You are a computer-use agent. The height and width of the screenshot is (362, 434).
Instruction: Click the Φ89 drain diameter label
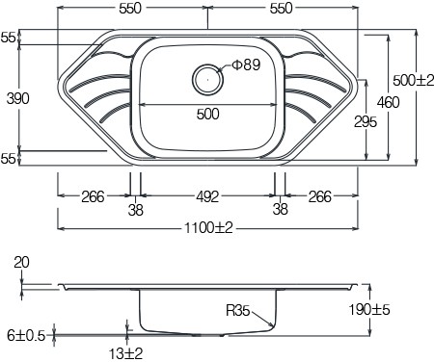tap(246, 65)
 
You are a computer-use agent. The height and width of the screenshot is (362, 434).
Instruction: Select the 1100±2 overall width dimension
tap(208, 228)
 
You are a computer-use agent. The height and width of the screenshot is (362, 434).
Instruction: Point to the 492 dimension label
tap(207, 196)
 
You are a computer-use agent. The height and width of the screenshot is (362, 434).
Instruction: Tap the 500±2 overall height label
tap(414, 80)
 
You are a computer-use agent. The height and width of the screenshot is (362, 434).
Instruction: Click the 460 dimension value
tap(389, 102)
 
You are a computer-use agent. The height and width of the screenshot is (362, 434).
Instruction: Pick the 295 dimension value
tap(366, 122)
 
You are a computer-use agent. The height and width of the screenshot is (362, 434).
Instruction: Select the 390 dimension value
tap(18, 98)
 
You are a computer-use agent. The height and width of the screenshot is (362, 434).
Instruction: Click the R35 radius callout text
tap(238, 311)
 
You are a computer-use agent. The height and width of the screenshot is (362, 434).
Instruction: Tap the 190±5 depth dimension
tap(369, 310)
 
